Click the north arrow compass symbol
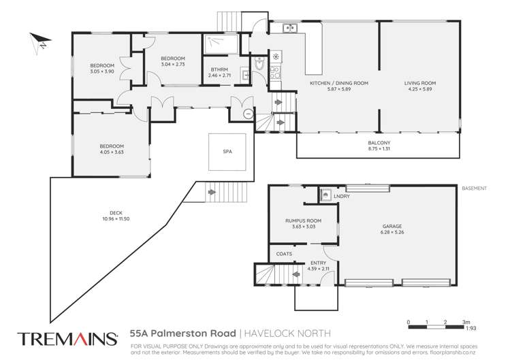click(37, 42)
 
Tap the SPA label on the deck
click(227, 152)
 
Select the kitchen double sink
click(289, 28)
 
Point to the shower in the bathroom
click(220, 44)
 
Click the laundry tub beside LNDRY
click(326, 195)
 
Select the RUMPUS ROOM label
click(302, 221)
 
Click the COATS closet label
click(285, 254)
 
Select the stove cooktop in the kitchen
click(276, 58)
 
